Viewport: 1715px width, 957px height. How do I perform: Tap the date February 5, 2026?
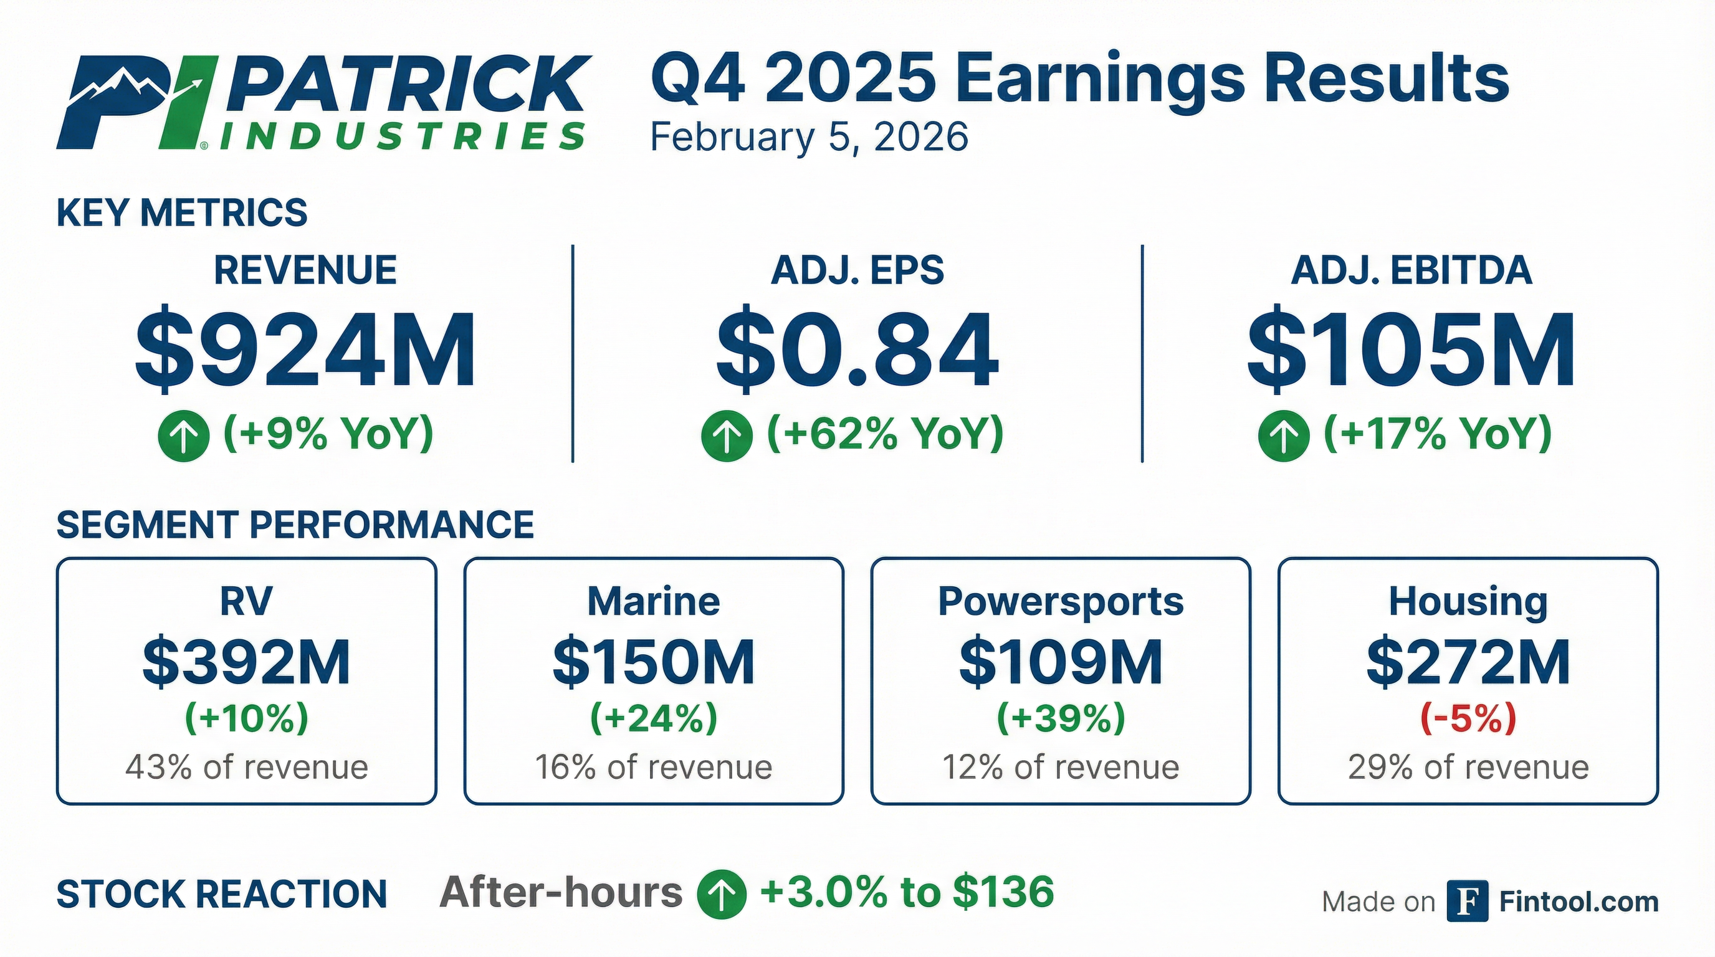(809, 137)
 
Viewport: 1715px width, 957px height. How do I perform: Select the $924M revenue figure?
(305, 350)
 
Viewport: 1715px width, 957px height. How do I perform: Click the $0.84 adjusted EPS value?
(857, 349)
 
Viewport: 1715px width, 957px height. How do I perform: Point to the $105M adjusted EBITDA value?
(1412, 350)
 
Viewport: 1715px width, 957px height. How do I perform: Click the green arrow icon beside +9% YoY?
(184, 436)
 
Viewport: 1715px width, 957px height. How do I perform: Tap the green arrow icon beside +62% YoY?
(727, 436)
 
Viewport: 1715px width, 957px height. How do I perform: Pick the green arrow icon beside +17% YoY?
(1284, 436)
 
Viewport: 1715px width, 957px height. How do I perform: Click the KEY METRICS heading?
(182, 213)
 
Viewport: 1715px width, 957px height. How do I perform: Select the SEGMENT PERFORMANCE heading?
(295, 525)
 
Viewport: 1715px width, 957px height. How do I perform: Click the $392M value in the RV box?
(246, 662)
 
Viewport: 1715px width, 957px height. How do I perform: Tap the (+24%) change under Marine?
(654, 719)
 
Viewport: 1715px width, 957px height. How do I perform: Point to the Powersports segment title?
(1061, 602)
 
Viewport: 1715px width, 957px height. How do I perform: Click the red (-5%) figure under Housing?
(1468, 719)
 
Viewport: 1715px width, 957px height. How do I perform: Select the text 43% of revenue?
(246, 768)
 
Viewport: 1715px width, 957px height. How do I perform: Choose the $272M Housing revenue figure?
(1468, 662)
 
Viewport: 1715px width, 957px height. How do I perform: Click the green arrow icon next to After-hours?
(721, 895)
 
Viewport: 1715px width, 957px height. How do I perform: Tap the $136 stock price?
(1004, 892)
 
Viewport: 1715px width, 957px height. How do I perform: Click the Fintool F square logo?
(1468, 902)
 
